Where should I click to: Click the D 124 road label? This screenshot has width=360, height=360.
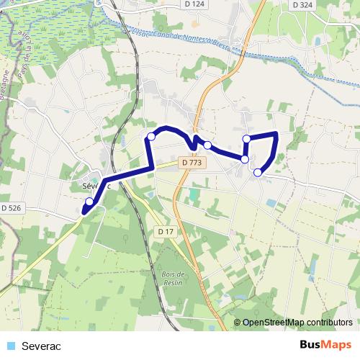click(x=194, y=4)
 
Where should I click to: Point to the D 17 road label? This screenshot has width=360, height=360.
click(x=166, y=231)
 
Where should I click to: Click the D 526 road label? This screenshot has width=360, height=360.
click(x=12, y=208)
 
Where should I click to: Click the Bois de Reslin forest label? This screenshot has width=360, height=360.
click(x=175, y=279)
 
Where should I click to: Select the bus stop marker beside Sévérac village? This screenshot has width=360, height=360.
click(x=89, y=202)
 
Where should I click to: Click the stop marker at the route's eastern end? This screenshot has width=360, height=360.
click(x=258, y=171)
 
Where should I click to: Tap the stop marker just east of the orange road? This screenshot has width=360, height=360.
click(x=207, y=145)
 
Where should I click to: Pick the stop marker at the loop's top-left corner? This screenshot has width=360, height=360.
click(x=246, y=138)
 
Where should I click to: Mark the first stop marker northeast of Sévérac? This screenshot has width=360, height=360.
click(x=151, y=136)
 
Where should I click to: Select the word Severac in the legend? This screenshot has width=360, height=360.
click(x=42, y=346)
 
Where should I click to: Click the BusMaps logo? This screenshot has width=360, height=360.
click(x=325, y=345)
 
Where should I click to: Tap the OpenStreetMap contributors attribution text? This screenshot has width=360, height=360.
click(x=297, y=323)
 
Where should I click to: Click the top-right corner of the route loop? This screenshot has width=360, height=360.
click(x=277, y=133)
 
